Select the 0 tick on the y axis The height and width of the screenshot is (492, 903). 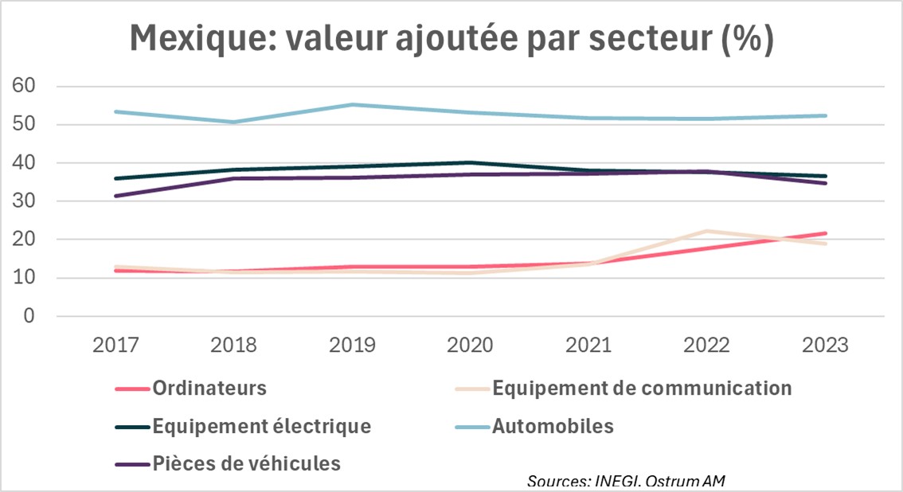29,317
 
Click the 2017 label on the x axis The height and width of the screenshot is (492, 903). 116,346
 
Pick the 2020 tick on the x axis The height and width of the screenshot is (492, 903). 470,346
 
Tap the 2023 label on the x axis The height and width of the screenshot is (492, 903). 825,346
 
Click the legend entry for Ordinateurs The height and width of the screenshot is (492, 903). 209,389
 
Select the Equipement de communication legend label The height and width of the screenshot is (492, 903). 642,389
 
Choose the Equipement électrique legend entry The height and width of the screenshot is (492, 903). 261,426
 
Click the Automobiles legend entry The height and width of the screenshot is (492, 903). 553,426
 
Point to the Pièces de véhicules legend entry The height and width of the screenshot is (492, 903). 246,463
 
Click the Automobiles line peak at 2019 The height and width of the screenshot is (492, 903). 352,104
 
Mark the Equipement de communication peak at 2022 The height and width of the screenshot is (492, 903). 706,232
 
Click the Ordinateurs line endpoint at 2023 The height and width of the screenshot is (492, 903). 825,233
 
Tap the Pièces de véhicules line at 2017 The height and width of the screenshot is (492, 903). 116,196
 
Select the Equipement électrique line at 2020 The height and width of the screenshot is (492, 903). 470,162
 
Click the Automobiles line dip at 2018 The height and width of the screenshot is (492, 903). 234,122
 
